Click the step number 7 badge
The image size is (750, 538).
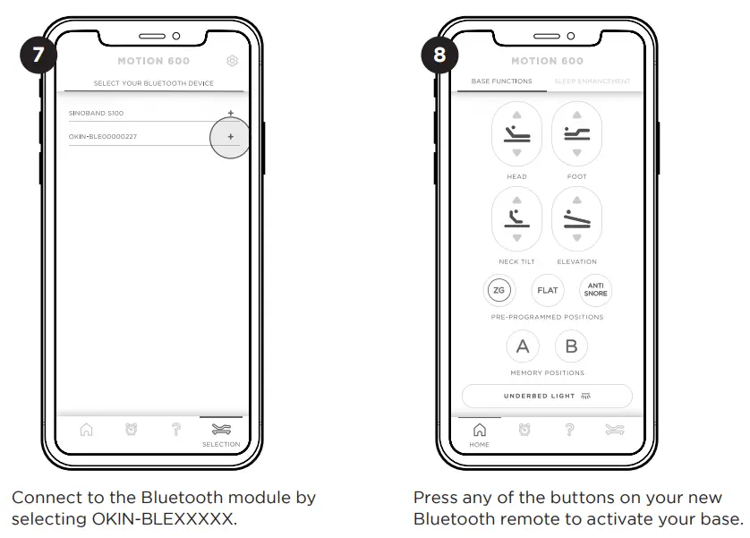pos(38,55)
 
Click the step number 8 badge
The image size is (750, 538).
pos(439,55)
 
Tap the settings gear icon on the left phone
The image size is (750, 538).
pos(233,61)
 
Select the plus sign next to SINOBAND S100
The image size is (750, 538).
pos(230,113)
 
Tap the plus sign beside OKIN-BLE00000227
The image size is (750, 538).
pos(230,137)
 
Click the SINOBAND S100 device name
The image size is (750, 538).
pos(97,114)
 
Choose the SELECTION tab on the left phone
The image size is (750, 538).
pos(220,432)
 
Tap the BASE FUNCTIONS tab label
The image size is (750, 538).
pos(501,81)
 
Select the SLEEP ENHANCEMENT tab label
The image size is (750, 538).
pos(592,81)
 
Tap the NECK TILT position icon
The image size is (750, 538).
pos(516,218)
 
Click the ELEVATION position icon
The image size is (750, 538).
pos(576,218)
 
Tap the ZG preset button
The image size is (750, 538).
pos(499,290)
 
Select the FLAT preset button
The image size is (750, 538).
pos(547,290)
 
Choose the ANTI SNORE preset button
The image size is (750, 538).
pos(595,290)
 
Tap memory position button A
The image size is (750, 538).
pos(523,346)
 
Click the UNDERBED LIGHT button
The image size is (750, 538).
pos(547,396)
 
